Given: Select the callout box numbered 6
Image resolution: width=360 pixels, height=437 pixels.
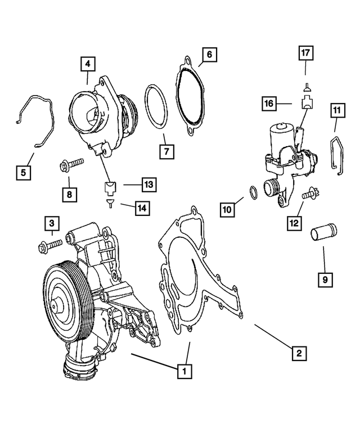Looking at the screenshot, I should pyautogui.click(x=209, y=55).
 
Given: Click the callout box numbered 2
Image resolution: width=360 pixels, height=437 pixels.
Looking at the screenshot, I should pyautogui.click(x=299, y=353).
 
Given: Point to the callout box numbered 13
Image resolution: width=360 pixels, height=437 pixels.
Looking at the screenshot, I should pyautogui.click(x=148, y=184).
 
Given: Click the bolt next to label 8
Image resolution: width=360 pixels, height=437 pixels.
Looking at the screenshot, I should pyautogui.click(x=72, y=165).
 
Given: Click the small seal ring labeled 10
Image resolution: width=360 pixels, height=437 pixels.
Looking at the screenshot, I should pyautogui.click(x=254, y=192).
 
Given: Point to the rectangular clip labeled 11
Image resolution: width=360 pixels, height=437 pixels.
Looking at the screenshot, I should pyautogui.click(x=335, y=155).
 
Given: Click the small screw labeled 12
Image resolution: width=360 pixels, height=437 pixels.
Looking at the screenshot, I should pyautogui.click(x=308, y=195).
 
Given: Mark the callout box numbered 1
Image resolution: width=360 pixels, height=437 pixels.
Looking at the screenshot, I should pyautogui.click(x=182, y=371).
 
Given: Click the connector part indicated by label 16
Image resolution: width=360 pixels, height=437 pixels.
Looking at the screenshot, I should pyautogui.click(x=306, y=103).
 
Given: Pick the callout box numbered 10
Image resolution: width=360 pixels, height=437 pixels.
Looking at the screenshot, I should pyautogui.click(x=227, y=210).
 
